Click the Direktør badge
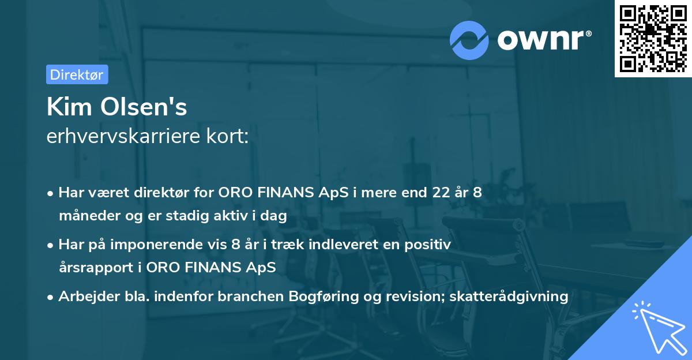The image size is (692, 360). coord(77,74)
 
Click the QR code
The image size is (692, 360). coord(653,38)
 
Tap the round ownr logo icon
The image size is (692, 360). coord(469,40)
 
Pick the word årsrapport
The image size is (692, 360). coord(92,268)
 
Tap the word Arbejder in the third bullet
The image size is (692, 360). coord(84,297)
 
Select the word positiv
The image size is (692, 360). coord(428,245)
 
